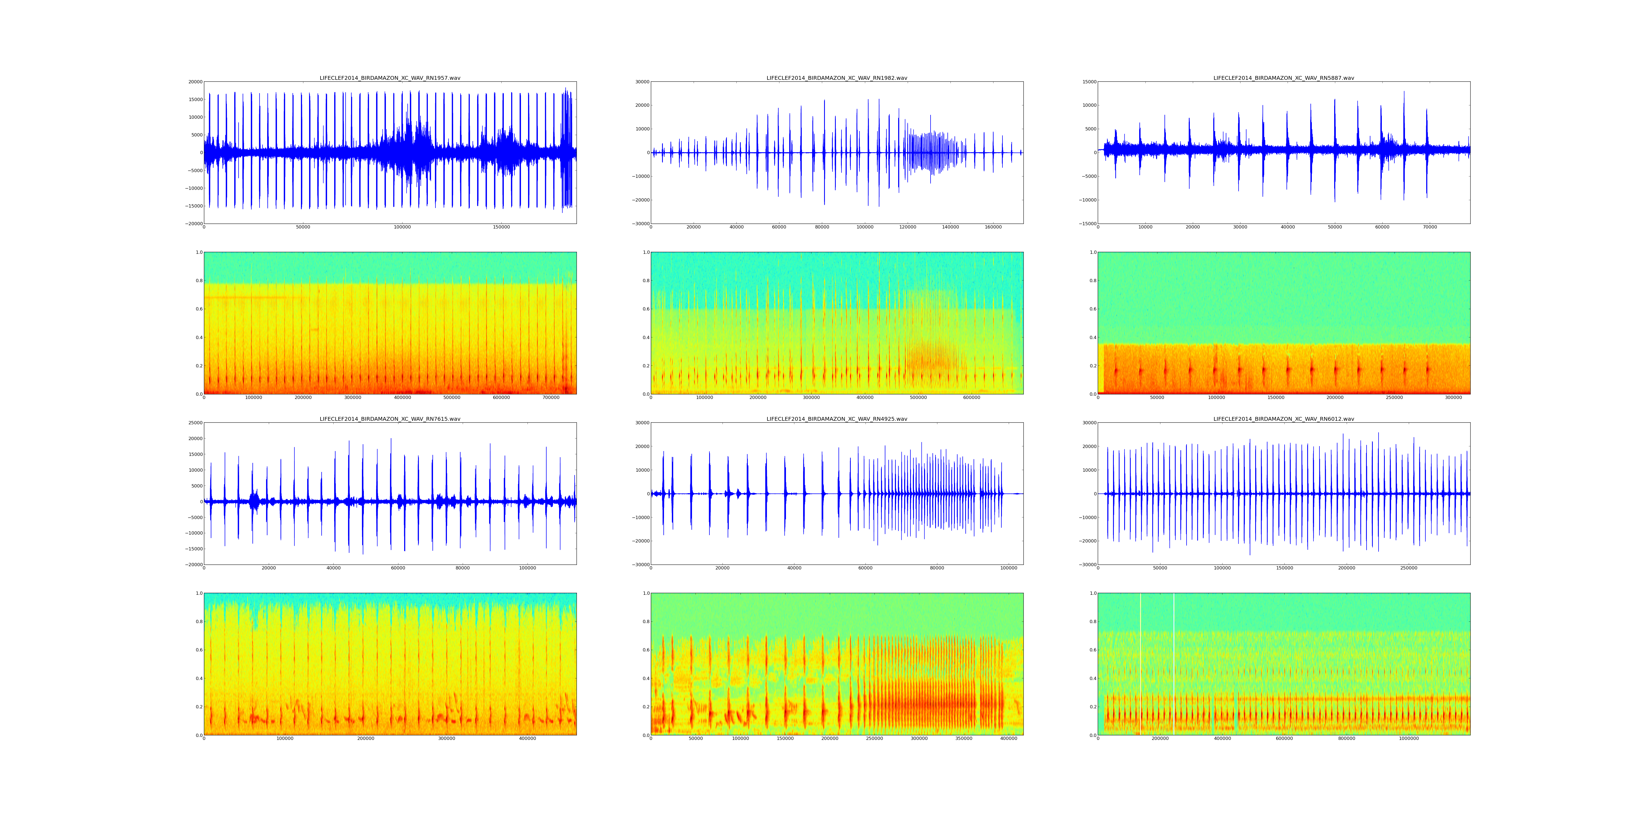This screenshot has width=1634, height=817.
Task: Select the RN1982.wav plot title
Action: (837, 78)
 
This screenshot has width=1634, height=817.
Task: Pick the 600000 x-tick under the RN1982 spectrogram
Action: (972, 398)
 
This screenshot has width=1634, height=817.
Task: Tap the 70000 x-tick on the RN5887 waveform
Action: (1430, 227)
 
